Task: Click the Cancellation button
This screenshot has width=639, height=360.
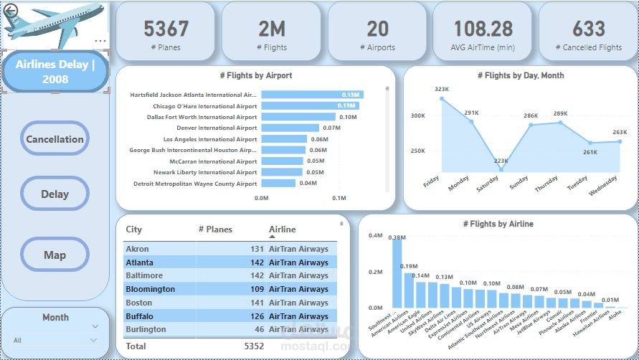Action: tap(55, 139)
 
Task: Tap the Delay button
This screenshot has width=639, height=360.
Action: tap(55, 194)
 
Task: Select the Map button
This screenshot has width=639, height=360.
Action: tap(55, 255)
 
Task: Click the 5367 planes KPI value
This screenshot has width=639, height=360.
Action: tap(166, 29)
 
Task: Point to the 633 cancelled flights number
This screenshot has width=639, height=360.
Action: tap(588, 29)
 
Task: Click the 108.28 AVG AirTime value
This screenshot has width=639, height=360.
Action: tap(483, 29)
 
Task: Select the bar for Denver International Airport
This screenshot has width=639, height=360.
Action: tap(290, 128)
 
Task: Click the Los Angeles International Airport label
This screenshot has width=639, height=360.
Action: tap(209, 139)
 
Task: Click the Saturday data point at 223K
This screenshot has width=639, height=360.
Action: tap(501, 170)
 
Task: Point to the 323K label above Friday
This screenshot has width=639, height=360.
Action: tap(441, 89)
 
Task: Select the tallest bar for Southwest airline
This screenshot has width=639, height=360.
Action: tap(397, 273)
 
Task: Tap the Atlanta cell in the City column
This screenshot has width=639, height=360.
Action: tap(139, 262)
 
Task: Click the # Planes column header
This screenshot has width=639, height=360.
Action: tap(215, 229)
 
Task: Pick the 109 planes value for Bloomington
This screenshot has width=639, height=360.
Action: tap(257, 289)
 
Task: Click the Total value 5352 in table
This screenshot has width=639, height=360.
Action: tap(253, 346)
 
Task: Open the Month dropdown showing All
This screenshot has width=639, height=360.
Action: tap(55, 341)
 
